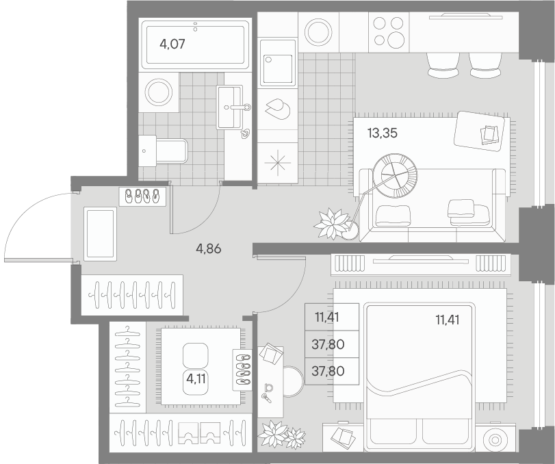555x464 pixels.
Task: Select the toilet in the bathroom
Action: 164,149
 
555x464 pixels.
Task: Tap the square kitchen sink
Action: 278,62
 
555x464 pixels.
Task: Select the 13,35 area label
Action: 383,133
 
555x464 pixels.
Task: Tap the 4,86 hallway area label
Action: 208,249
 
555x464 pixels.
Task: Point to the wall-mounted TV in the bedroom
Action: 420,257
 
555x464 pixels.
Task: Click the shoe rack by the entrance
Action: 142,196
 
